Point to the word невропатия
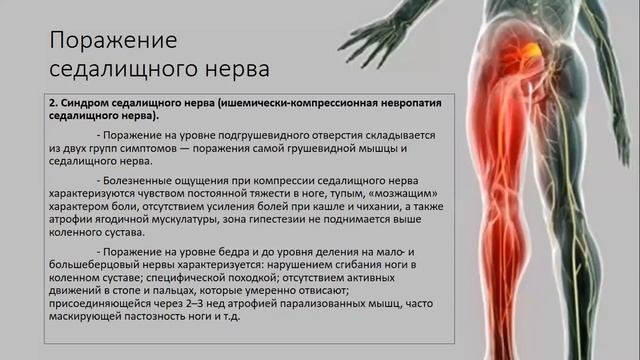[x=386, y=103]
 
